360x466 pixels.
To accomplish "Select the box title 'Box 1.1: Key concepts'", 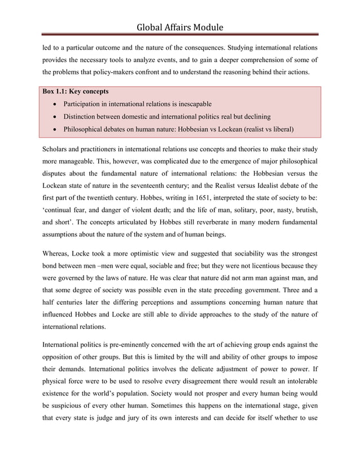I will pos(76,91).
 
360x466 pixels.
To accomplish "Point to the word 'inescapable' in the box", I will pos(191,104).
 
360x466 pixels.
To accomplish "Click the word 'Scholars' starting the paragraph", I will pos(57,149).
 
